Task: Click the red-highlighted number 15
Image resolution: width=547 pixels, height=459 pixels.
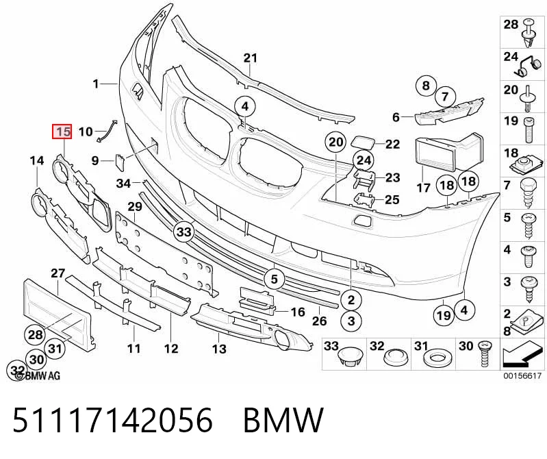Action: pyautogui.click(x=62, y=132)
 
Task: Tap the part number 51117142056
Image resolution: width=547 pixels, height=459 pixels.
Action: pyautogui.click(x=112, y=419)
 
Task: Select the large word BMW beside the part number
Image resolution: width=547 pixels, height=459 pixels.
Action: pyautogui.click(x=283, y=419)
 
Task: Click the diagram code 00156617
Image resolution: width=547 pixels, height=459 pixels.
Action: pyautogui.click(x=522, y=376)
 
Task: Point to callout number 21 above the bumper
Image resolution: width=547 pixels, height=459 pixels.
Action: pyautogui.click(x=250, y=58)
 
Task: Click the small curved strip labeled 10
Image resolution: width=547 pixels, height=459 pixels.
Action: pyautogui.click(x=107, y=131)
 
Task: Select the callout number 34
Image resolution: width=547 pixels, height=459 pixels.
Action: pyautogui.click(x=123, y=183)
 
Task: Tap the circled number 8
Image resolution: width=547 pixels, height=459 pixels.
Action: pyautogui.click(x=426, y=86)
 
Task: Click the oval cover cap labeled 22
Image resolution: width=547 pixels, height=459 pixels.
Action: pyautogui.click(x=362, y=142)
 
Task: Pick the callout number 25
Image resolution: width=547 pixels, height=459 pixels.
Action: pyautogui.click(x=392, y=199)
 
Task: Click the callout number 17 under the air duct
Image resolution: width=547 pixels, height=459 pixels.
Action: pyautogui.click(x=423, y=188)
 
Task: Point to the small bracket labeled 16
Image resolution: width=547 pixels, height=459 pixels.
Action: pyautogui.click(x=257, y=300)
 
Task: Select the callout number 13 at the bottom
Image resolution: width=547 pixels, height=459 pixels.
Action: pyautogui.click(x=219, y=348)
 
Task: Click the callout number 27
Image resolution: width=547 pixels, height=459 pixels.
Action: pyautogui.click(x=58, y=273)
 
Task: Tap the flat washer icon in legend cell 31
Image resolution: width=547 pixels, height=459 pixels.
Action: pyautogui.click(x=436, y=358)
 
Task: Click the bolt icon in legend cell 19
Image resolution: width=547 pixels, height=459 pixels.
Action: pyautogui.click(x=530, y=130)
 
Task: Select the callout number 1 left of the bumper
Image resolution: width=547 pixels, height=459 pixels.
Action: pyautogui.click(x=96, y=84)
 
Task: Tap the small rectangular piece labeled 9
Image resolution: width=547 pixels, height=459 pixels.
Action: pyautogui.click(x=120, y=162)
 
